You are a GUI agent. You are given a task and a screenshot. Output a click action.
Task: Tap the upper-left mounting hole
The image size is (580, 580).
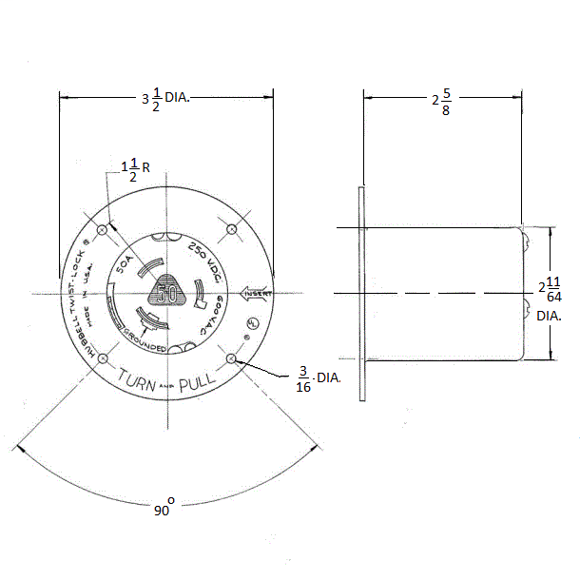[103, 228]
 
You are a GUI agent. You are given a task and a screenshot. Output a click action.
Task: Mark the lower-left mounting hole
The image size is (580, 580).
[103, 358]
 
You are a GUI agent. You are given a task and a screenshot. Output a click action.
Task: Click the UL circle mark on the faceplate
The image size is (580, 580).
[253, 322]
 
